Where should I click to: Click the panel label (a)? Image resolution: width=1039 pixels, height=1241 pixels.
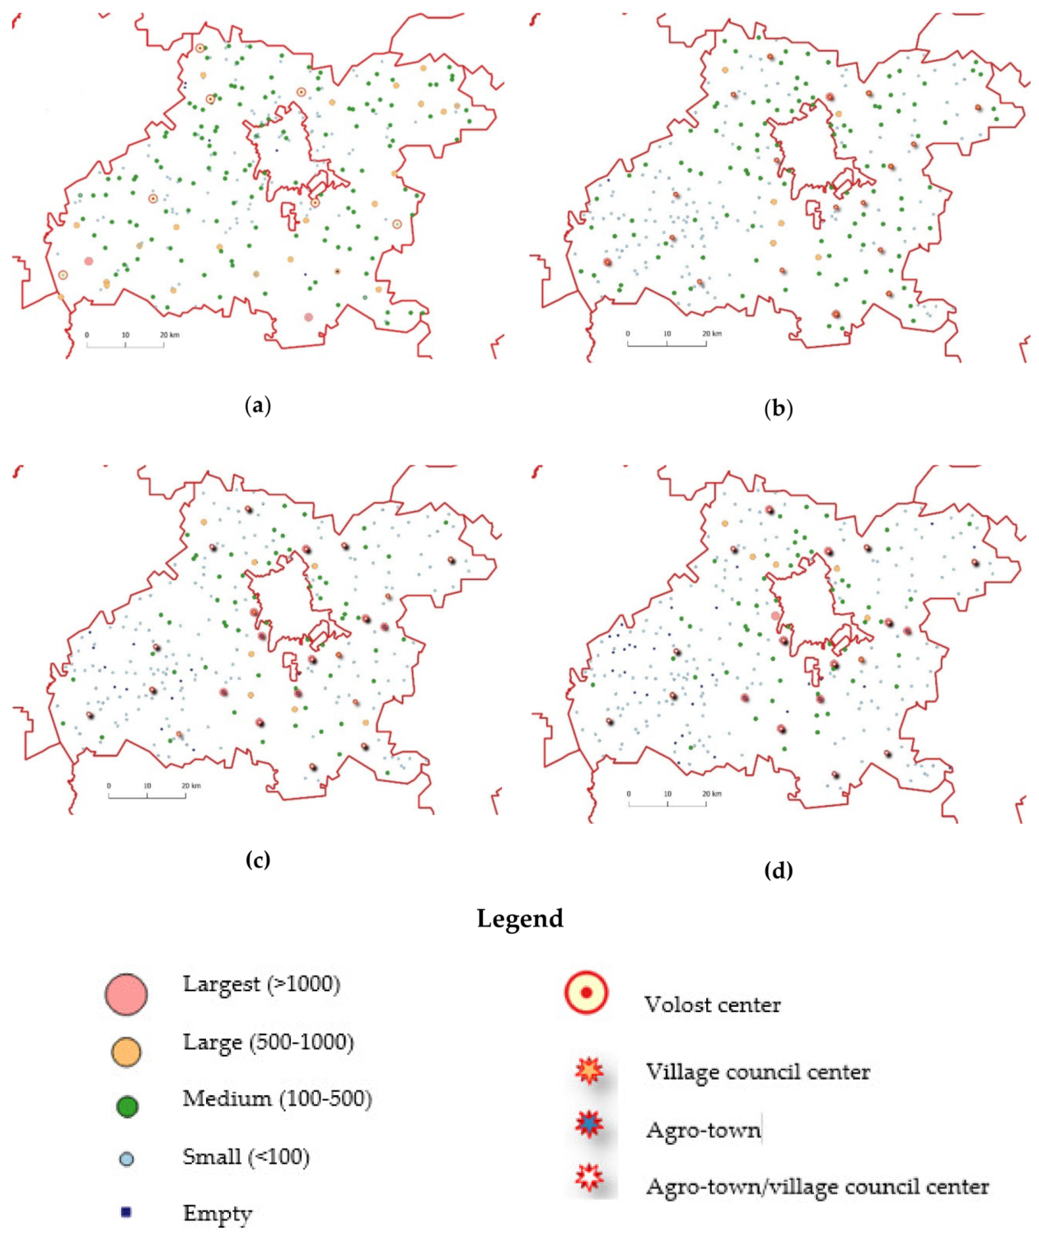258,405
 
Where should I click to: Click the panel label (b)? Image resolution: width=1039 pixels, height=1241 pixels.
778,409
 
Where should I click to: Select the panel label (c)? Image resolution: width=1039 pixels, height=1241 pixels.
258,859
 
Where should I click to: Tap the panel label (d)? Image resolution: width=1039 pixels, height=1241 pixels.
778,870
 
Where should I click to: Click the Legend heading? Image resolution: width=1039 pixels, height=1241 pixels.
520,919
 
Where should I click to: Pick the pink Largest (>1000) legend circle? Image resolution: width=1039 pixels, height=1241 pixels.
126,994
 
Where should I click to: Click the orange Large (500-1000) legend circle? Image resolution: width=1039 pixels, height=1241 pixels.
126,1051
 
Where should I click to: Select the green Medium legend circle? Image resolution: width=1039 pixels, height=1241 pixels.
127,1107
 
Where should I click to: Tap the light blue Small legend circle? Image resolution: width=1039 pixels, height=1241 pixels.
126,1159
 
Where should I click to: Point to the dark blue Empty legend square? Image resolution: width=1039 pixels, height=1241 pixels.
125,1212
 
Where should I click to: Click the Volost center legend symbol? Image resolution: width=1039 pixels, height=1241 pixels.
586,993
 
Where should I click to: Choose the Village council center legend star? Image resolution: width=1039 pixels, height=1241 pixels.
589,1070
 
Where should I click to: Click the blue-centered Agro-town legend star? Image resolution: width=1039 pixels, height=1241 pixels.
589,1123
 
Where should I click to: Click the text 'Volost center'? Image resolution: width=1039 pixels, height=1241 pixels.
712,1005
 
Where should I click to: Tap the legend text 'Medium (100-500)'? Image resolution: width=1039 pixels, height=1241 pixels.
277,1098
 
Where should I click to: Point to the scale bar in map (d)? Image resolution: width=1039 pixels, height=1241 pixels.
667,802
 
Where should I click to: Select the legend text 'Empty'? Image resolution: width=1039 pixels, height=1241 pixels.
218,1214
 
